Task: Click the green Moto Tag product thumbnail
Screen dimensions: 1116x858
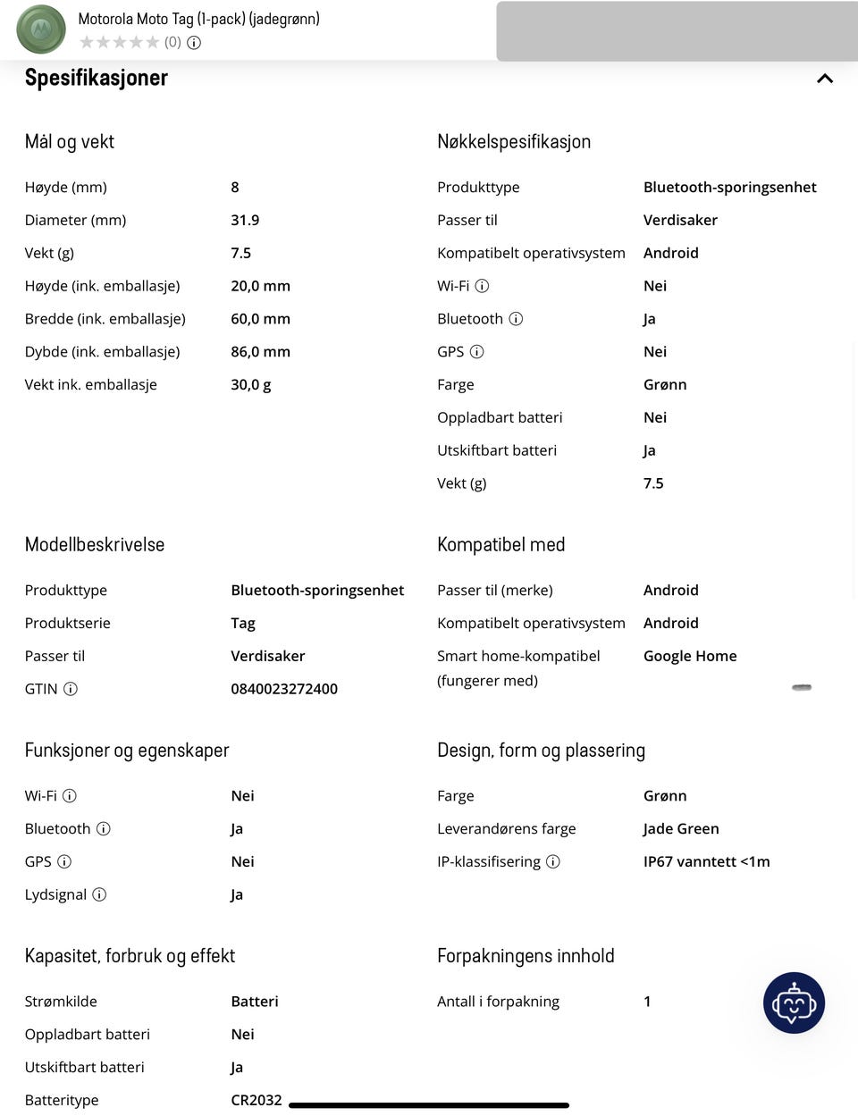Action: [41, 29]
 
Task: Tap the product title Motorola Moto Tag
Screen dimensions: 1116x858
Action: [198, 19]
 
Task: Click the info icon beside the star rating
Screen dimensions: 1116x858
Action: [194, 42]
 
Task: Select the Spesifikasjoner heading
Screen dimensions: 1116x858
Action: [97, 78]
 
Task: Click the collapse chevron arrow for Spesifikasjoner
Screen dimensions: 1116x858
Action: [824, 79]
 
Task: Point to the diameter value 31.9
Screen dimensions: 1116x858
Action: [245, 220]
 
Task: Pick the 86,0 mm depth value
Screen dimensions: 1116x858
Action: [260, 351]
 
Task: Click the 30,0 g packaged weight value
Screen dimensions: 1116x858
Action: [250, 384]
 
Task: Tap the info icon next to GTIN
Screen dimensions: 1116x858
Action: [71, 689]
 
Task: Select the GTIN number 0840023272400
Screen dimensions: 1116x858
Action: [284, 689]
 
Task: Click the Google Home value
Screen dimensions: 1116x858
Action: [690, 656]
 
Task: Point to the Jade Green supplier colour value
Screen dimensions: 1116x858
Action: [681, 828]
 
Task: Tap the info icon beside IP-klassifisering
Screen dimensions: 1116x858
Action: [553, 861]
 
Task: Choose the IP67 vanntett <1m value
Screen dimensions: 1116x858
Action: [706, 861]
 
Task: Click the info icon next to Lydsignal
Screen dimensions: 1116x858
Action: [99, 894]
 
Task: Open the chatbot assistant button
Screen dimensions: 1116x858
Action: [794, 1003]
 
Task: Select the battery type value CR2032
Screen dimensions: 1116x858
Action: [257, 1100]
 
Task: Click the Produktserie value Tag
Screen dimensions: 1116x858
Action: [243, 623]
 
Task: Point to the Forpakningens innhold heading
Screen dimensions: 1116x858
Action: [526, 956]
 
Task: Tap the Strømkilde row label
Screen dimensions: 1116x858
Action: [61, 1002]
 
